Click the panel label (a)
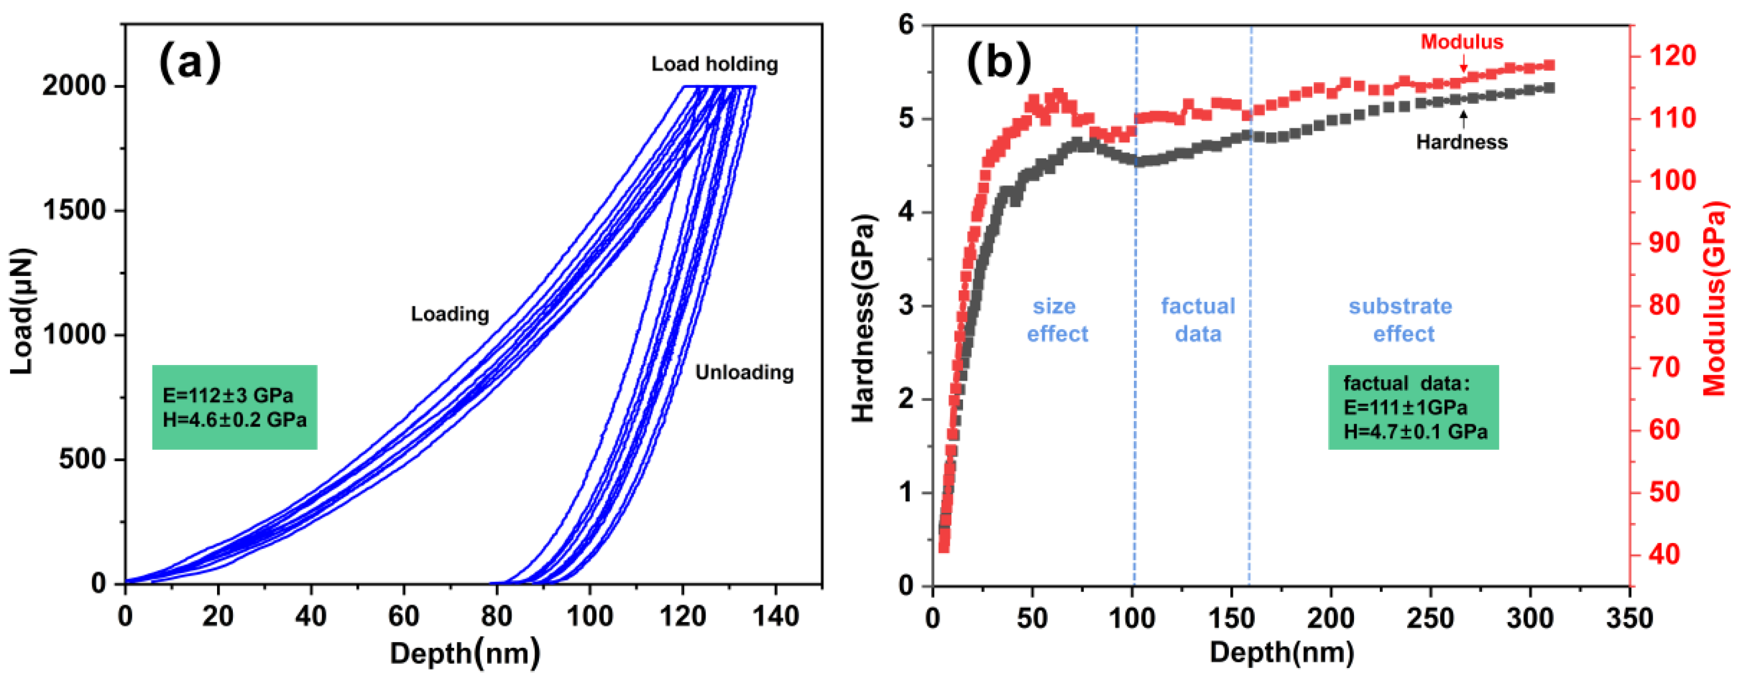pos(190,62)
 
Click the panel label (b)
pos(999,62)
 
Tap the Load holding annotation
pos(714,64)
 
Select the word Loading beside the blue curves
pos(449,314)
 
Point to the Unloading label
pos(744,372)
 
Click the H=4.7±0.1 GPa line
pos(1415,431)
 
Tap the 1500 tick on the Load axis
pos(74,211)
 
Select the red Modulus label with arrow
pos(1461,42)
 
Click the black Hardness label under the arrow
pos(1461,142)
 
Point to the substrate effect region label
pos(1401,320)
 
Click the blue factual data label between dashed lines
pos(1198,320)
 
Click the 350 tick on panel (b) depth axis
pos(1629,618)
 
